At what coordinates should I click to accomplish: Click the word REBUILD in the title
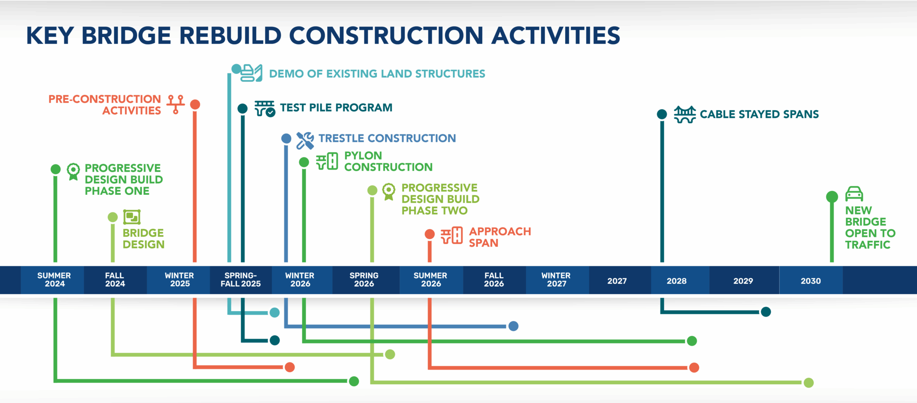230,35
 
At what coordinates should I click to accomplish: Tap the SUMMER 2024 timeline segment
54,280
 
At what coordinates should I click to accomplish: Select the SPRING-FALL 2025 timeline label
240,280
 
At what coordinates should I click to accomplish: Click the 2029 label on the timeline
743,281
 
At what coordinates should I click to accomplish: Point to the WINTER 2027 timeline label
556,280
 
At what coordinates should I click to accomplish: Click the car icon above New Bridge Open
854,194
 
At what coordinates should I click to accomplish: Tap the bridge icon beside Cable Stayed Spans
685,114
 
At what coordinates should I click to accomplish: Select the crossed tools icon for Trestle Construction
305,140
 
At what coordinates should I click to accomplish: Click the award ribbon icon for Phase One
73,171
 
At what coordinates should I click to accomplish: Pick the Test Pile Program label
336,108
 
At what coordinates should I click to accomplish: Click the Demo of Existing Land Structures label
377,74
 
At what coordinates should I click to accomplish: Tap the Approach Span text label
499,237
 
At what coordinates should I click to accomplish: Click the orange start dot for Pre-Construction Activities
195,104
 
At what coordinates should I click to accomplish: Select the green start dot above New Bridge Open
832,197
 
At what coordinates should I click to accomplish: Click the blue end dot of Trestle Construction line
513,326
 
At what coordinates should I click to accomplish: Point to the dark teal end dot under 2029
766,312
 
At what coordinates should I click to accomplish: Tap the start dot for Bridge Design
113,217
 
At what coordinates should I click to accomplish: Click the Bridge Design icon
132,217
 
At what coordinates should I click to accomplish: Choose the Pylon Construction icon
327,161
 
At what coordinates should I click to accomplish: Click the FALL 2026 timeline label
494,280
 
